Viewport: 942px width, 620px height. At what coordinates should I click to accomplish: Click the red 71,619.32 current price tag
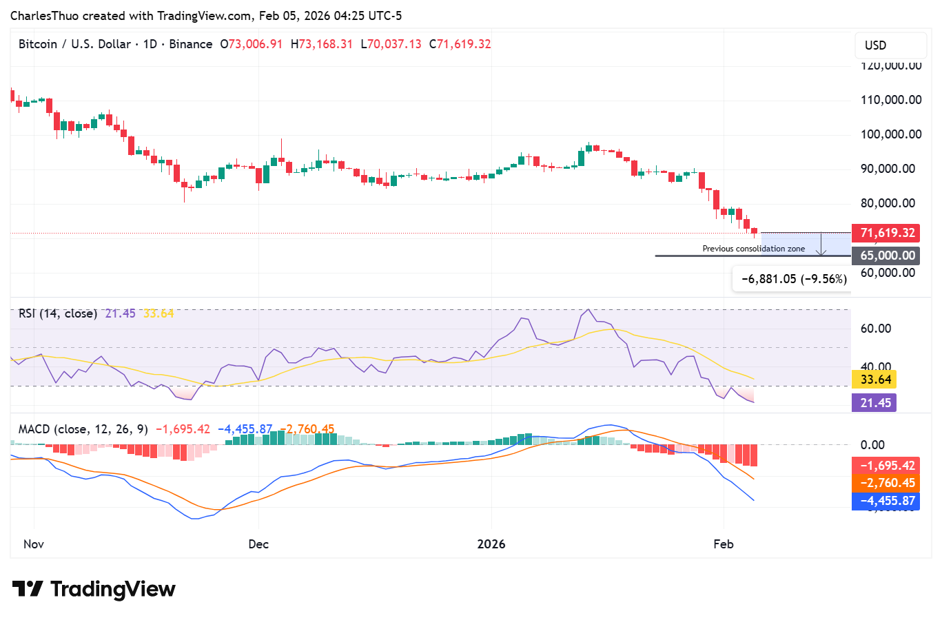(885, 233)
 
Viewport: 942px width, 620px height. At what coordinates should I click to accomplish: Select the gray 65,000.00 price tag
(885, 256)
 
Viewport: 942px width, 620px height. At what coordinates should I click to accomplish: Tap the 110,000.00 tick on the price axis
(891, 100)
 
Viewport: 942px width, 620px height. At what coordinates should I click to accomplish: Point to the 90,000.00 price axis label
(888, 169)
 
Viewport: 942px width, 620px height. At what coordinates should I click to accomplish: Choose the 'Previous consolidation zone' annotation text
(753, 249)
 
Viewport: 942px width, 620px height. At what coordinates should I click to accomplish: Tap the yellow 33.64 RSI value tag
(876, 380)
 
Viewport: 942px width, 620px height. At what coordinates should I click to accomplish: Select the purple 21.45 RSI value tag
(876, 403)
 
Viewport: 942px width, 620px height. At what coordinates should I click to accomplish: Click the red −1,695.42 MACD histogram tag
(885, 466)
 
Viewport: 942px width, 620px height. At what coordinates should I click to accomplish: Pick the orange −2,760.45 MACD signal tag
(885, 483)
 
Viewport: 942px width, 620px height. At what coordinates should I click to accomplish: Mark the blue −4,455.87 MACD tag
(885, 501)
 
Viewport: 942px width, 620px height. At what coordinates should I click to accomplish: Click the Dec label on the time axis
(258, 544)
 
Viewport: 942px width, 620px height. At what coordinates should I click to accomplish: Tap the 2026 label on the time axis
(491, 544)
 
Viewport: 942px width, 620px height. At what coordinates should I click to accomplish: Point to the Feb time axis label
(724, 544)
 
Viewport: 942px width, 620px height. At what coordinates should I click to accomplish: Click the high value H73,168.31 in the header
(322, 44)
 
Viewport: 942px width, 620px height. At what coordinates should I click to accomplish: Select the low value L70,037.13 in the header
(391, 44)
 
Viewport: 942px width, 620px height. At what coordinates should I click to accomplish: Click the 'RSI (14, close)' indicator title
(58, 313)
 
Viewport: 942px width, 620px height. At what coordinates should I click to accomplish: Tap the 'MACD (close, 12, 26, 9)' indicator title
(83, 429)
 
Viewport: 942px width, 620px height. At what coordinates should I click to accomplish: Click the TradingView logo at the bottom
(94, 590)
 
